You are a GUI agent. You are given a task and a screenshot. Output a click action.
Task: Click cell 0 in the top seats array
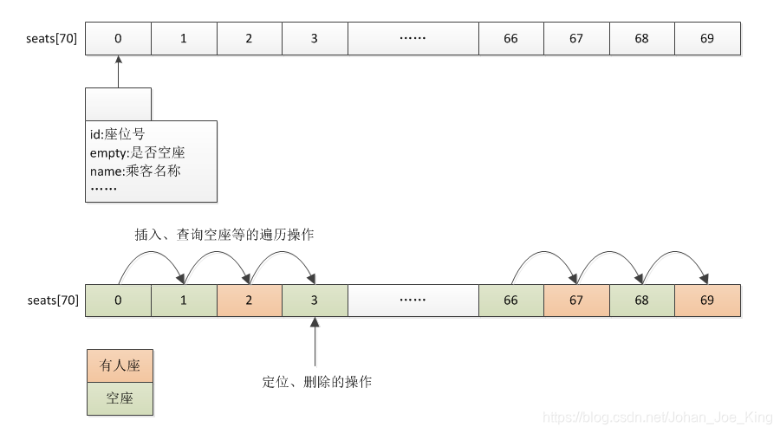[x=118, y=39]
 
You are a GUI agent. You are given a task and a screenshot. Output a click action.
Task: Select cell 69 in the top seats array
[x=708, y=39]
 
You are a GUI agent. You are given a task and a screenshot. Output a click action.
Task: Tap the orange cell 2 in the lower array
[x=250, y=301]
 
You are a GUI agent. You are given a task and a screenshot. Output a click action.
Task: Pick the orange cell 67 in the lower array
[x=576, y=301]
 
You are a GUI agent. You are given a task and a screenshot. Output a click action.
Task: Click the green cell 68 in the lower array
[x=642, y=301]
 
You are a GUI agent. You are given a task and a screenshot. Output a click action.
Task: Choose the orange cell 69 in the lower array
[x=708, y=301]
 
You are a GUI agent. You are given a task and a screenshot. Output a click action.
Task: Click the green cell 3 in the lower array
[x=315, y=301]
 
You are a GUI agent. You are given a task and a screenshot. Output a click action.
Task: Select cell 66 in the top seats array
[x=511, y=39]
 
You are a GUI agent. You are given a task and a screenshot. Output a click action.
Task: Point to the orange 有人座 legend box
[x=119, y=366]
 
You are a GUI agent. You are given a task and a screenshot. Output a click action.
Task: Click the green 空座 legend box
[x=119, y=399]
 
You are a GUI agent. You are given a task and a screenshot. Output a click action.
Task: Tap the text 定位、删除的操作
[x=316, y=381]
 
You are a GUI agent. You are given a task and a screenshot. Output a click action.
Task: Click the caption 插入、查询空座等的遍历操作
[x=224, y=235]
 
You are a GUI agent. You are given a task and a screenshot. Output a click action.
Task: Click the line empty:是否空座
[x=137, y=152]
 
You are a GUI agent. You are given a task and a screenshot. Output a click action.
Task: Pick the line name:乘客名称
[x=135, y=171]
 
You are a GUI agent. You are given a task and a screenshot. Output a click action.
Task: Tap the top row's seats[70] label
[x=53, y=39]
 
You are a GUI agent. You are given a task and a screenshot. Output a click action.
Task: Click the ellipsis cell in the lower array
[x=413, y=301]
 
